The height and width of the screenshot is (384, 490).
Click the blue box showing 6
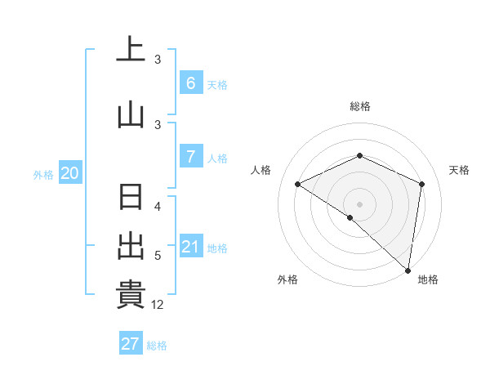click(190, 83)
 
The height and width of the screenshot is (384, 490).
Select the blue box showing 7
click(190, 157)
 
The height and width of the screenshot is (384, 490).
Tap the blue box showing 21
click(190, 247)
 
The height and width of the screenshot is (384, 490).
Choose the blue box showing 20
click(69, 172)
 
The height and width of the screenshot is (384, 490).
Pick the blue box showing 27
click(131, 343)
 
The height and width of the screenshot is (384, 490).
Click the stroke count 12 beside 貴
click(158, 305)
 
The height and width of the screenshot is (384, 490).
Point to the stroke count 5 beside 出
click(158, 256)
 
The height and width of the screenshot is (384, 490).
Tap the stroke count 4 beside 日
click(158, 207)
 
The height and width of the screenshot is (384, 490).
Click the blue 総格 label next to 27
click(157, 345)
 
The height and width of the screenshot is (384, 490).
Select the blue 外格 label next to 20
click(43, 174)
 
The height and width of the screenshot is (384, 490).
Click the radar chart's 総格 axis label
click(359, 106)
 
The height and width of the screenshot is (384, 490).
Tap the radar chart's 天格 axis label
click(459, 170)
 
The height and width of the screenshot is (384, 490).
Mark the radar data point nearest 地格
click(407, 269)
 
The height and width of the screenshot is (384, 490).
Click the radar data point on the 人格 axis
click(298, 185)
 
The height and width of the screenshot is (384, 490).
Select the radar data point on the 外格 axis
click(350, 217)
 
